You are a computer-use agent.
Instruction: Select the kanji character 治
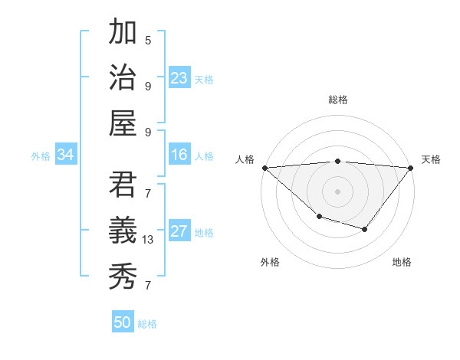click(x=123, y=77)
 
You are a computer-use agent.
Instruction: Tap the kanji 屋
click(x=123, y=123)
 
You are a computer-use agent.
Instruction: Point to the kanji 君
click(x=123, y=185)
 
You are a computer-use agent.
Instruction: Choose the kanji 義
click(x=123, y=231)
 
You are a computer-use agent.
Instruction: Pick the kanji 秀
click(x=123, y=277)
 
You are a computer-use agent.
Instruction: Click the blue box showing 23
click(x=179, y=77)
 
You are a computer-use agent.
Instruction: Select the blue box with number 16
click(x=179, y=155)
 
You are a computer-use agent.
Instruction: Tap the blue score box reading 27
click(x=179, y=231)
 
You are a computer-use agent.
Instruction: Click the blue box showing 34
click(x=66, y=155)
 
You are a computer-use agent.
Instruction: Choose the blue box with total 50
click(x=123, y=322)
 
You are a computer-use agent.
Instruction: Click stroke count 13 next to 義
click(x=149, y=240)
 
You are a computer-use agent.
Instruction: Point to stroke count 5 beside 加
click(x=148, y=41)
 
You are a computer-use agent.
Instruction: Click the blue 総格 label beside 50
click(x=148, y=324)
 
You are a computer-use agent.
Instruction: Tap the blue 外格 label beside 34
click(x=41, y=156)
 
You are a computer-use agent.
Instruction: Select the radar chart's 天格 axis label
click(x=432, y=159)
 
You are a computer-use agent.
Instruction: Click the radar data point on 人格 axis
click(x=264, y=167)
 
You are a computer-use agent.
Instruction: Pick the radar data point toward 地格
click(x=365, y=229)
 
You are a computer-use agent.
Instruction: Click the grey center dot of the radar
click(x=337, y=191)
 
